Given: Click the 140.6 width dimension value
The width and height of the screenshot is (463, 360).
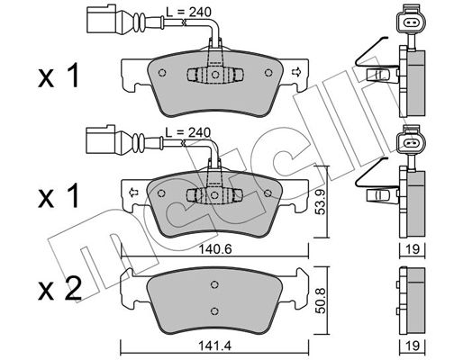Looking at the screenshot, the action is [x=214, y=249].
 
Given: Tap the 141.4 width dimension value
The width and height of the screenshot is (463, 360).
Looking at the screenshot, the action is [x=214, y=346].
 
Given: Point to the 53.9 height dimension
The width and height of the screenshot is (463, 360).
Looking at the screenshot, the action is [x=321, y=202].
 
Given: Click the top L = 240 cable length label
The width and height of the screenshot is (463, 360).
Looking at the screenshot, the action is [x=189, y=12].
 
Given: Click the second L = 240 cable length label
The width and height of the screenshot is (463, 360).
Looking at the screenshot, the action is [x=188, y=132].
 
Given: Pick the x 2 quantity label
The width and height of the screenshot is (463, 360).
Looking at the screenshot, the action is [x=59, y=288].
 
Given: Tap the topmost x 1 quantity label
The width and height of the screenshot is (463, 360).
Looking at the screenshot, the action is [x=59, y=76].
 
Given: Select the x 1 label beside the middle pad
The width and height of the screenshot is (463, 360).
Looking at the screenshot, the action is [x=59, y=196].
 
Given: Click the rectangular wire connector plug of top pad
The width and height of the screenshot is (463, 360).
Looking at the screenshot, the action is [x=101, y=19].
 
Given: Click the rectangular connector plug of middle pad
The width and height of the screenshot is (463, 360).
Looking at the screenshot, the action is [x=100, y=139].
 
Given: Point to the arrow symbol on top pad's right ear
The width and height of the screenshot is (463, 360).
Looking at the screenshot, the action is [x=296, y=72].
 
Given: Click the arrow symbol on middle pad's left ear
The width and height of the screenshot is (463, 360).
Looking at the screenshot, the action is [x=132, y=193].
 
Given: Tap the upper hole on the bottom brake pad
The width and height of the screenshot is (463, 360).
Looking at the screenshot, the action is [x=214, y=284].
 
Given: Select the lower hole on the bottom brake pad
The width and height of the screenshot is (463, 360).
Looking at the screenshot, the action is [x=214, y=310].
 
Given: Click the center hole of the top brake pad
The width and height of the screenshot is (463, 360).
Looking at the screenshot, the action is [x=214, y=74].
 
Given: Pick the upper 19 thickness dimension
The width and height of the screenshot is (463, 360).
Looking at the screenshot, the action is [x=413, y=249].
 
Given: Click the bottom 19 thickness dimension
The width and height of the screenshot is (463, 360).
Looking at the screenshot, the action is [x=413, y=346].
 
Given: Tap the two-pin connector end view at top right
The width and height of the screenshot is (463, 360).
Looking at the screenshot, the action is [x=410, y=22].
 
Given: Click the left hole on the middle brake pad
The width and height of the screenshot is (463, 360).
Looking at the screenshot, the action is [x=161, y=193].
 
